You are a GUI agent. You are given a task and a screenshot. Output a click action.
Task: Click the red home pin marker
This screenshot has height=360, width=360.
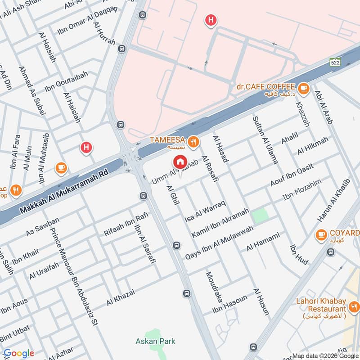tap(180, 162)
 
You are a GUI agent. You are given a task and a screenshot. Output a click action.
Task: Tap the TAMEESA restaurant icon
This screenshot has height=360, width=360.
tap(193, 142)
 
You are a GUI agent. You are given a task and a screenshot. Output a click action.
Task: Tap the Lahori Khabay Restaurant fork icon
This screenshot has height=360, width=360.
tap(354, 308)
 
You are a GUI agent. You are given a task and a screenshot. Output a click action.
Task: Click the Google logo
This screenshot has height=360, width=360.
tap(19, 353)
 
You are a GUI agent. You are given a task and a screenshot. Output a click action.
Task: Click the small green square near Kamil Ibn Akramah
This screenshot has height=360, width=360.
tap(260, 215)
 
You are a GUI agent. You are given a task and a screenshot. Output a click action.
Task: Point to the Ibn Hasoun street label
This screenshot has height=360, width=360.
tap(230, 305)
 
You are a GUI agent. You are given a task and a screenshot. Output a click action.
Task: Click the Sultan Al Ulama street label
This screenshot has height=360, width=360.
tap(265, 139)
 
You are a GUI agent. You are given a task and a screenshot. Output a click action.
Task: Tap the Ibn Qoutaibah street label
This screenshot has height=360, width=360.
tap(69, 78)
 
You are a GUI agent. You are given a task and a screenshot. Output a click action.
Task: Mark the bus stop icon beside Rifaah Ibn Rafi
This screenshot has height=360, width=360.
tap(143, 196)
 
